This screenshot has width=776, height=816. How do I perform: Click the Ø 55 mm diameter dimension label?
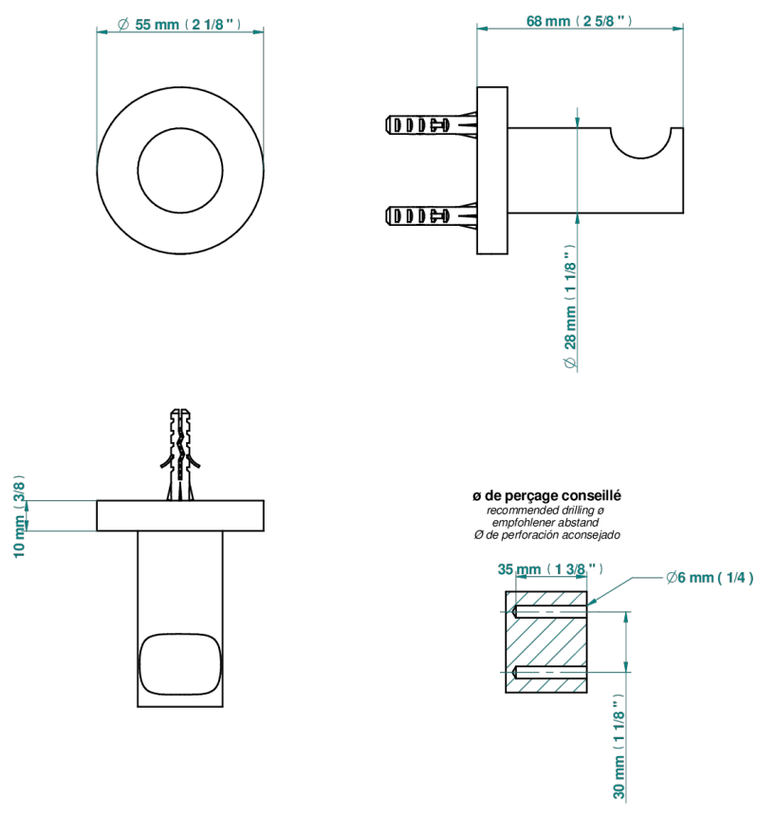(x=179, y=25)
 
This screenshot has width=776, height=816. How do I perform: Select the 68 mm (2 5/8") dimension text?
(x=580, y=21)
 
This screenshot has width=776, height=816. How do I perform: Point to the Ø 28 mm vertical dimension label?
(x=570, y=307)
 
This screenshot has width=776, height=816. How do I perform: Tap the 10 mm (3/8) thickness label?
(x=19, y=516)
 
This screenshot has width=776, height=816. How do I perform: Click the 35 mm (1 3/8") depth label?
(x=550, y=568)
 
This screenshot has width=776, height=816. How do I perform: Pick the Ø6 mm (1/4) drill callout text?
(x=710, y=577)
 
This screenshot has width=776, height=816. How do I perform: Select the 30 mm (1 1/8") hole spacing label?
(x=619, y=747)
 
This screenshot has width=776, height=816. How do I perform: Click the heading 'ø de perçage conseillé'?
(x=546, y=495)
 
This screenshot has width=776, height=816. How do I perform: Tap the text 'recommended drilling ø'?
(x=545, y=510)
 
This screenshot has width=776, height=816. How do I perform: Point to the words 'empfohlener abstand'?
(x=545, y=523)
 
